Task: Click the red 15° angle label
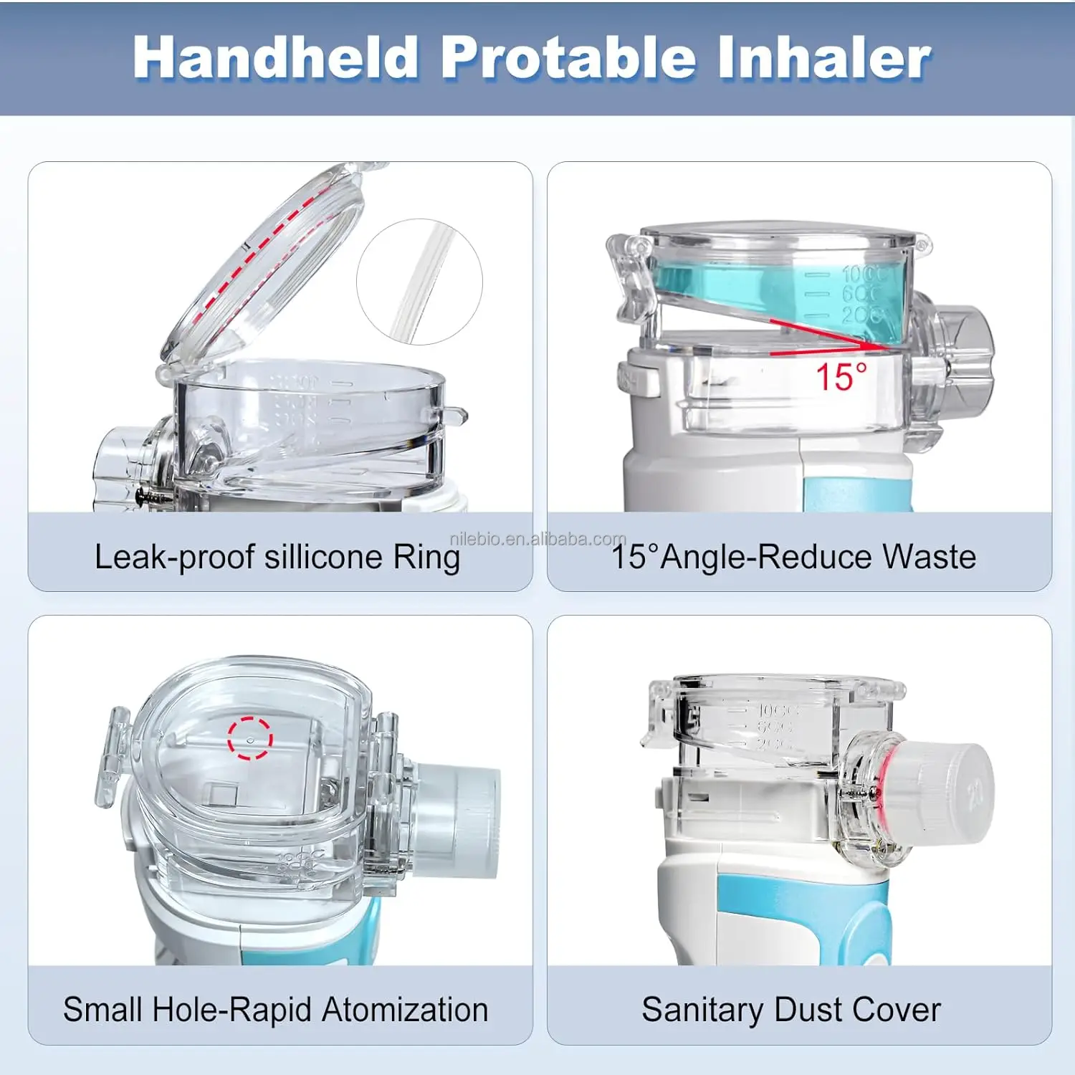(x=841, y=377)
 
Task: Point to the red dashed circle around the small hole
(x=250, y=738)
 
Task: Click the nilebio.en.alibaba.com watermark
(x=537, y=539)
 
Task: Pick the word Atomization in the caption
(x=405, y=1010)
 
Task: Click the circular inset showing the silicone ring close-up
(x=419, y=282)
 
